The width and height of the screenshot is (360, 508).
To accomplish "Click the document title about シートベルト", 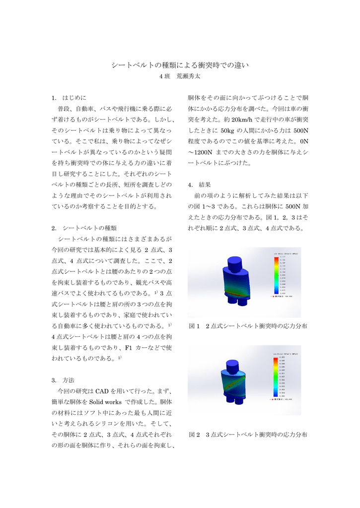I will point(179,65).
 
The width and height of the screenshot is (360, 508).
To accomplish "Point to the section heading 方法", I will point(69,380).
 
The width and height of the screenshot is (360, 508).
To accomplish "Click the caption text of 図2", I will point(248,434).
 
